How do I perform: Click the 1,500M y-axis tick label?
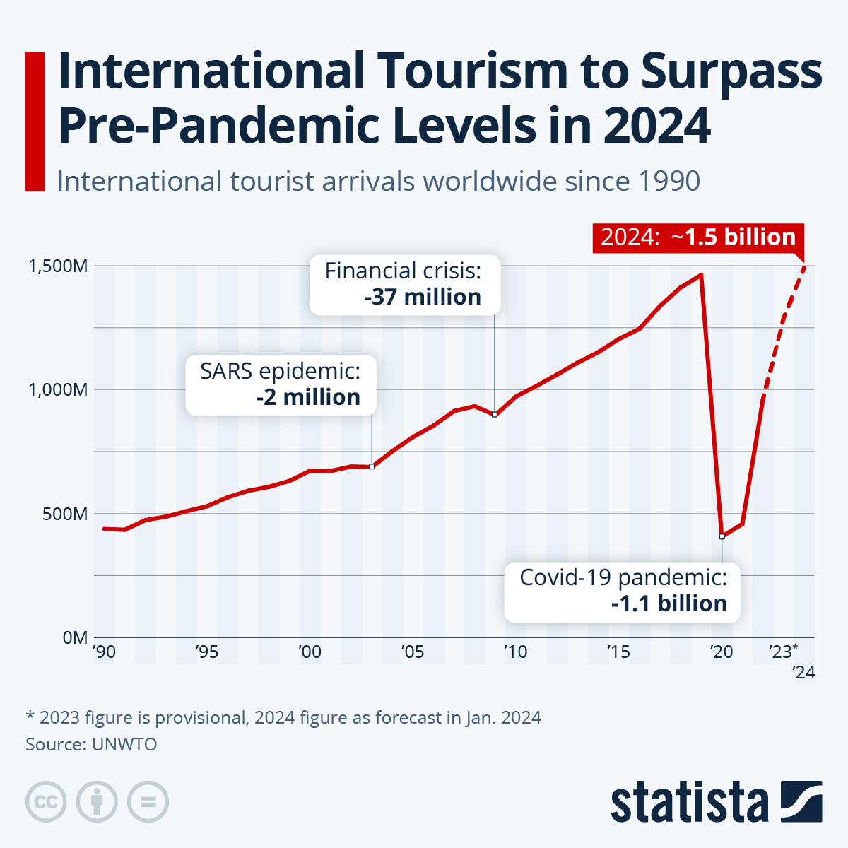[x=58, y=266]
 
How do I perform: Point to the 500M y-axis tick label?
[x=65, y=514]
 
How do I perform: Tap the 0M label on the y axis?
[x=75, y=637]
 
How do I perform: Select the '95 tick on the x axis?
[x=206, y=652]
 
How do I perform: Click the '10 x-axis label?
[x=515, y=652]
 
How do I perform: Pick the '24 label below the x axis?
[x=803, y=673]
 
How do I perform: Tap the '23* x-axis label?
[x=783, y=652]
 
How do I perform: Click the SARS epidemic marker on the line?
[x=372, y=466]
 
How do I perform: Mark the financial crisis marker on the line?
[x=495, y=414]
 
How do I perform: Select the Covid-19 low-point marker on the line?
[x=722, y=537]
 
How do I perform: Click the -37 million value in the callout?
[x=423, y=298]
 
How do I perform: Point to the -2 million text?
[x=308, y=398]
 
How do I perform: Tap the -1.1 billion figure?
[x=669, y=604]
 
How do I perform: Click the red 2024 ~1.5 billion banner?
[x=698, y=237]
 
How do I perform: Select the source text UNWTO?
[x=124, y=744]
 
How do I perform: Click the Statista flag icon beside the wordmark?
[x=801, y=802]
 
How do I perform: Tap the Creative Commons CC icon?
[x=46, y=802]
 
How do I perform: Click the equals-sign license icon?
[x=148, y=802]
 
